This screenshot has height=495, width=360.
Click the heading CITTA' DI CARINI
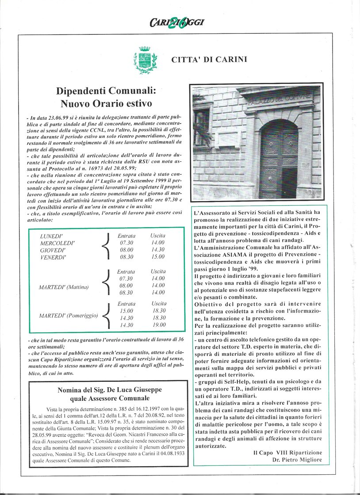(209, 60)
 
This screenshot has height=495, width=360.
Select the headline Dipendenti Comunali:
(104, 91)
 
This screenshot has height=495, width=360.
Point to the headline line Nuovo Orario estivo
(104, 104)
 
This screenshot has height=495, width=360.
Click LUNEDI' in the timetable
(51, 236)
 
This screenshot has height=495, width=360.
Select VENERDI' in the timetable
(53, 257)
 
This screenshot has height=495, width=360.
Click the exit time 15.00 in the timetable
(157, 257)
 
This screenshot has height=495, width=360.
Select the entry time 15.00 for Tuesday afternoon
(126, 311)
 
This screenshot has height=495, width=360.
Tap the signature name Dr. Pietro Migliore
(297, 461)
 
